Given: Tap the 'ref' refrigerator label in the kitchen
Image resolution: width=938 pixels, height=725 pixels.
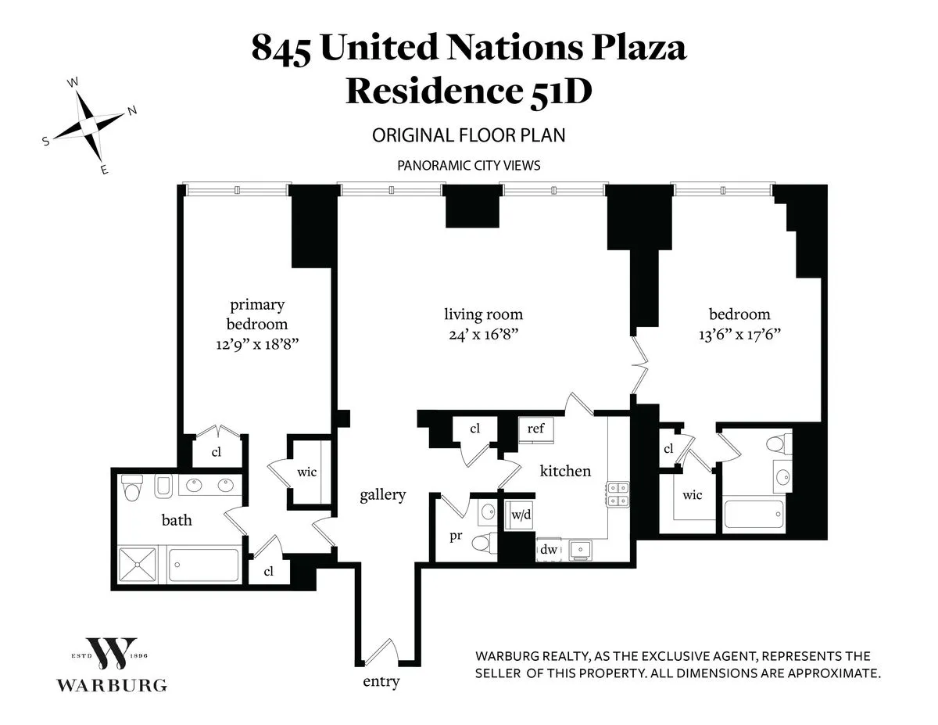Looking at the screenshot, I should click(x=535, y=429).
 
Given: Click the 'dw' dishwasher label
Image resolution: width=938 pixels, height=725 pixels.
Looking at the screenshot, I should click(x=547, y=550).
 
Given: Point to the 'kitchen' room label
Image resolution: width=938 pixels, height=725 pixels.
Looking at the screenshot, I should click(x=565, y=471).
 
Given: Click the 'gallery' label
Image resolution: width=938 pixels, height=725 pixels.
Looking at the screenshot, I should click(x=382, y=494).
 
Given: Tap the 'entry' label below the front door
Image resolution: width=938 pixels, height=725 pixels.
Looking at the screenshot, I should click(x=381, y=681).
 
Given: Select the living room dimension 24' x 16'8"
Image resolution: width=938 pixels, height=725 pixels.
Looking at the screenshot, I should click(x=483, y=334).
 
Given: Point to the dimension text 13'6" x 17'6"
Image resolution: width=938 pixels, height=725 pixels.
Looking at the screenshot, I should click(x=739, y=334).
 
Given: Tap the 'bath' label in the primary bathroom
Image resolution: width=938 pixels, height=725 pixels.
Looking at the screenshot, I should click(x=177, y=519).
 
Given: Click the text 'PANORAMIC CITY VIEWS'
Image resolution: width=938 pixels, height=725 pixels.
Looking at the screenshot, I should click(x=468, y=166).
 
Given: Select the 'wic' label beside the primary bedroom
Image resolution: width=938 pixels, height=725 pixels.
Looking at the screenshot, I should click(x=306, y=472).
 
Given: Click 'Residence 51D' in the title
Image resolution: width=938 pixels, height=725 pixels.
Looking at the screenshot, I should click(x=468, y=91).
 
